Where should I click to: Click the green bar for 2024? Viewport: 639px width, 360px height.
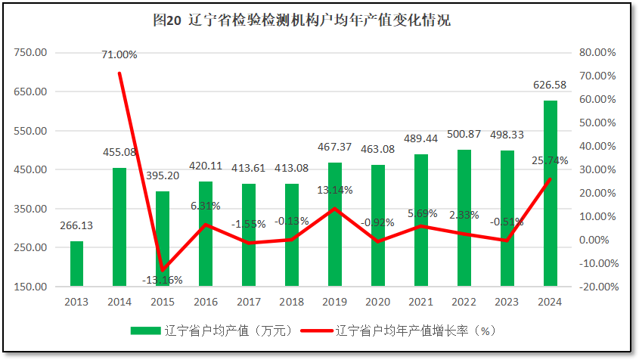click(550, 193)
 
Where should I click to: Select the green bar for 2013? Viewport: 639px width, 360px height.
click(76, 263)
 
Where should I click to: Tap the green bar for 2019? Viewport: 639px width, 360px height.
click(334, 224)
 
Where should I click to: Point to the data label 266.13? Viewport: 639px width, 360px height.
click(76, 225)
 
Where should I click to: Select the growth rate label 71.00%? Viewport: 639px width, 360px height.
click(119, 54)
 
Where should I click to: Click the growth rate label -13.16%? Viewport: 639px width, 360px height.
click(162, 280)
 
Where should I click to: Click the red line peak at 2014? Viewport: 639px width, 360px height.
click(119, 73)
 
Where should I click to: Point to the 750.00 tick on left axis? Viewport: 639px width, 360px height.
click(31, 53)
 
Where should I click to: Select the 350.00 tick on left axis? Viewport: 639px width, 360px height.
click(31, 209)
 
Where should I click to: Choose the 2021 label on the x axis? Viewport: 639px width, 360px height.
click(420, 302)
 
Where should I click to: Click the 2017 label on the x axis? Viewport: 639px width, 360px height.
click(248, 302)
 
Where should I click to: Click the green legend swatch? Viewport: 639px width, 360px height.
click(145, 331)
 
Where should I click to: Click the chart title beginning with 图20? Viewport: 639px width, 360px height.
click(301, 20)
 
